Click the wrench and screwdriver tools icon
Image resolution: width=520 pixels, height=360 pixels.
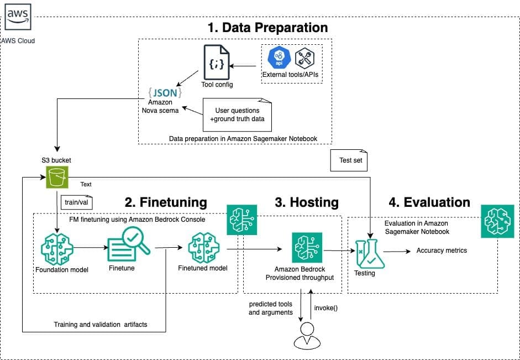[304, 58]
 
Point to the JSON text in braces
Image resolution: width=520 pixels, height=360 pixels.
[165, 92]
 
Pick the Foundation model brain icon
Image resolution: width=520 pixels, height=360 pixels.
[57, 249]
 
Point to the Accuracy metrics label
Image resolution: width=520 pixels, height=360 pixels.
[442, 251]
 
